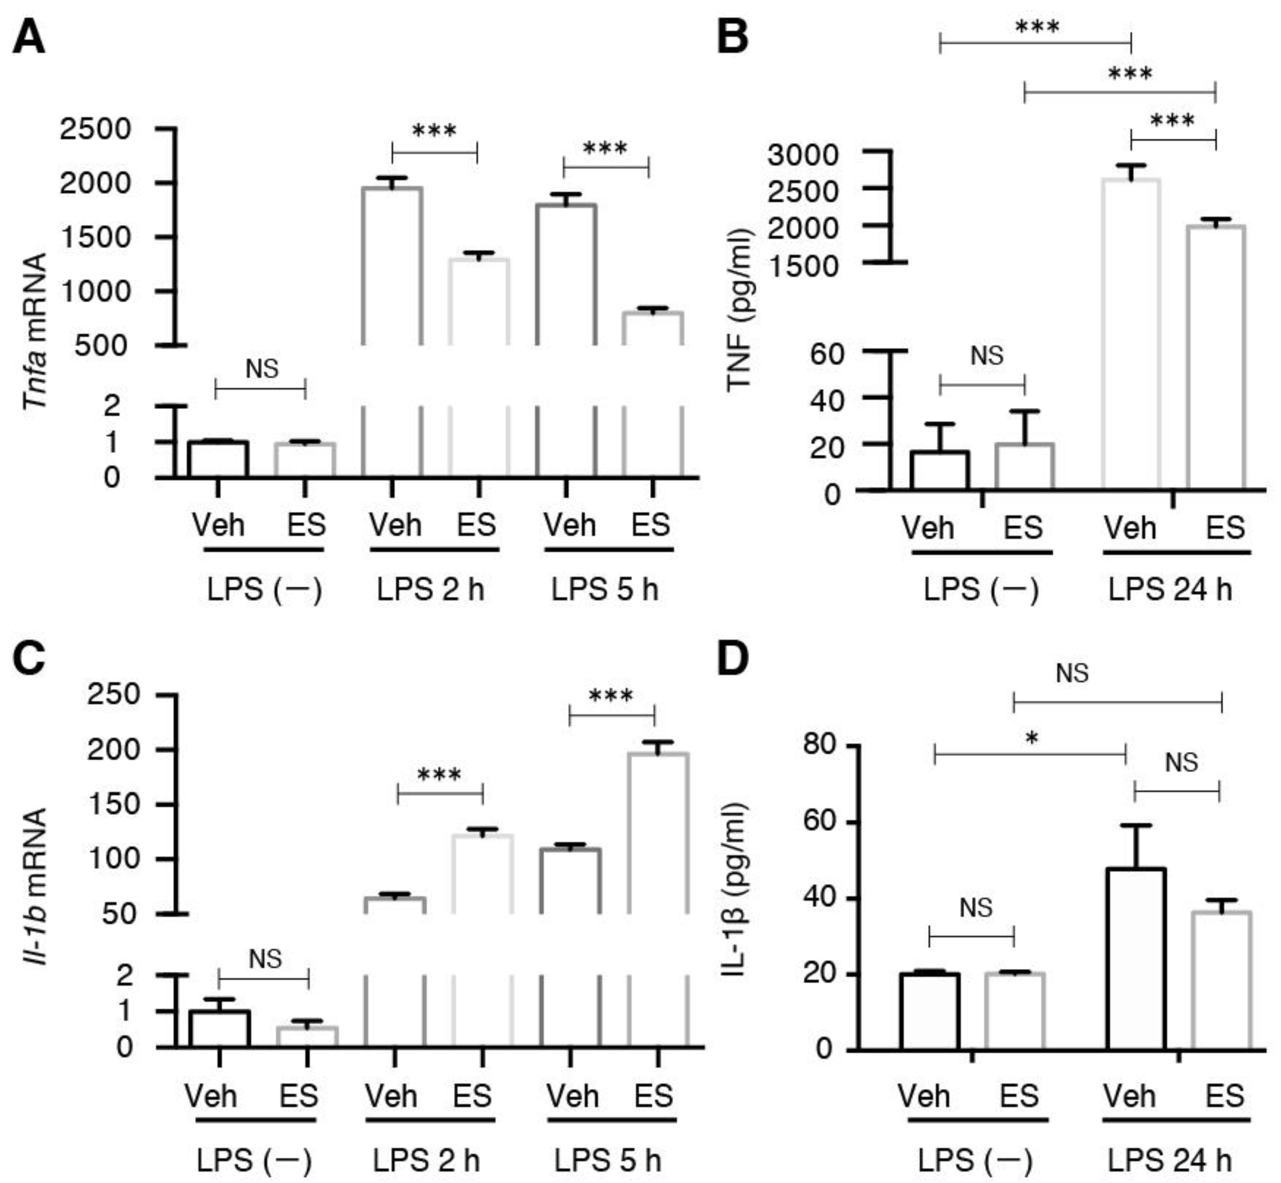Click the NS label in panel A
[262, 369]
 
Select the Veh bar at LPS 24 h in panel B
[1131, 333]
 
